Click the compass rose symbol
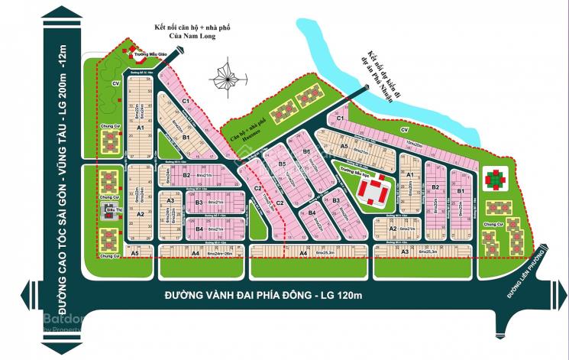click(x=226, y=79)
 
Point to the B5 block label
click(x=282, y=164)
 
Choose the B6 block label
click(x=306, y=151)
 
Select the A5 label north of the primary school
click(x=344, y=146)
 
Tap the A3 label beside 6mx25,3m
click(x=406, y=251)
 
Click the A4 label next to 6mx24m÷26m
click(x=196, y=254)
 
